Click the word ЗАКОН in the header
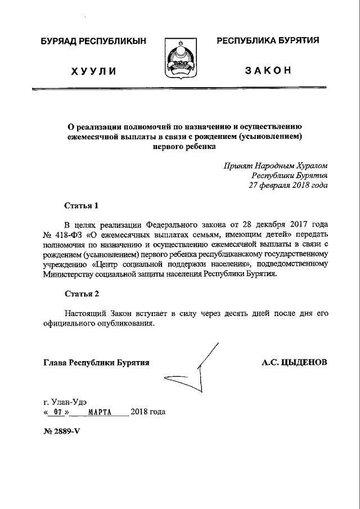(268, 70)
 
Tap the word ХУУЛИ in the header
(93, 71)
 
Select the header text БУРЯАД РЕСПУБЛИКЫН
(93, 41)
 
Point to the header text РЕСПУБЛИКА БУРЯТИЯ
(268, 40)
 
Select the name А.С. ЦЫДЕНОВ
(294, 363)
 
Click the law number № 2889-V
(63, 434)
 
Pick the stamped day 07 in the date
(56, 412)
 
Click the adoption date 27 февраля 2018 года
(288, 185)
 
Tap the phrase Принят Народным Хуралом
(275, 166)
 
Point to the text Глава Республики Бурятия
(96, 363)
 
